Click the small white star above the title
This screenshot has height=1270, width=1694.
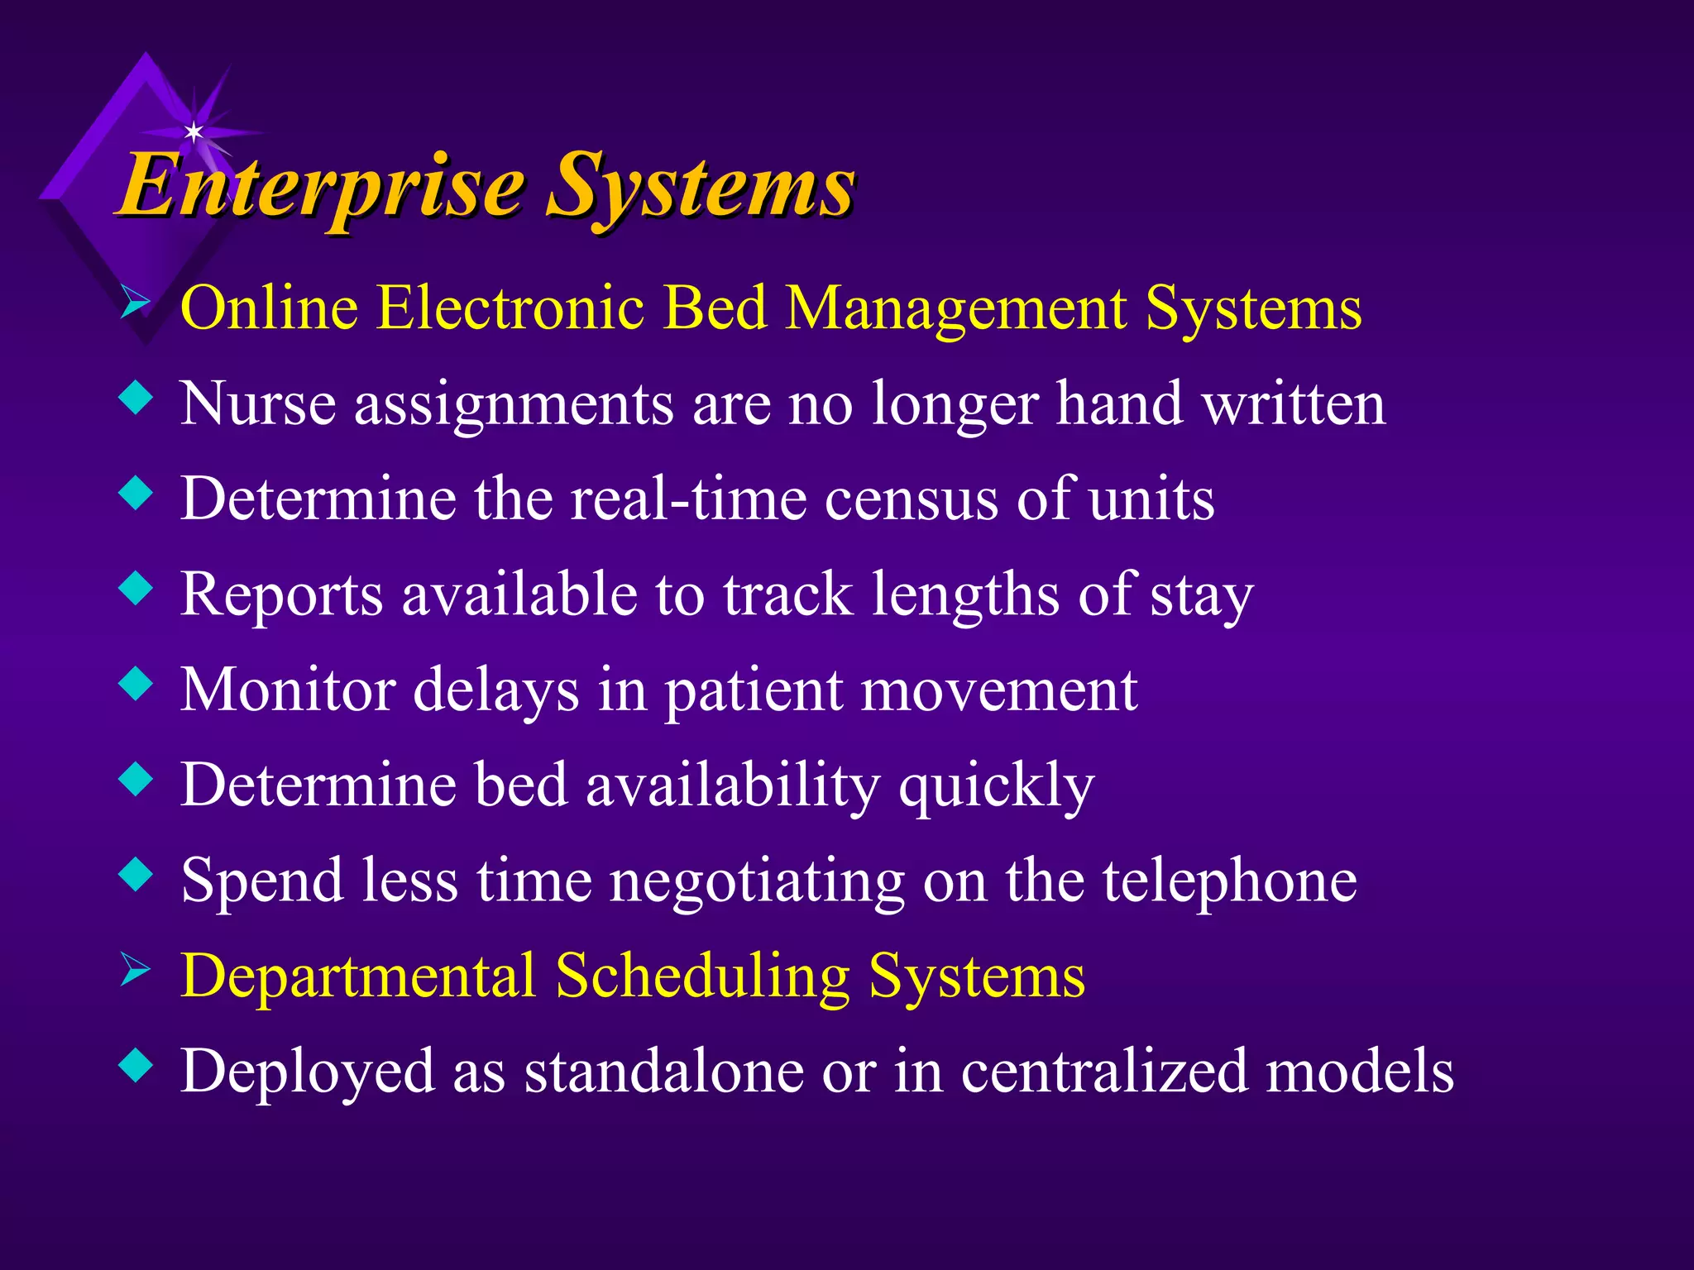194,131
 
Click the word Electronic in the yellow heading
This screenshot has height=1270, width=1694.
510,308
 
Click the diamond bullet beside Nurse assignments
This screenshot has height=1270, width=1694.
136,399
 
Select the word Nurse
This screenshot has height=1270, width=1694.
258,404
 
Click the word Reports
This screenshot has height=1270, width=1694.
282,595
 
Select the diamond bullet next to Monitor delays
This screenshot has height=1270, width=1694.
136,685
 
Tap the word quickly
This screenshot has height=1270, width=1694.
996,786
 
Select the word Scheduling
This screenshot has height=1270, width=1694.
702,977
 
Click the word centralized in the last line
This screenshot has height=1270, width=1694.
1103,1072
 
